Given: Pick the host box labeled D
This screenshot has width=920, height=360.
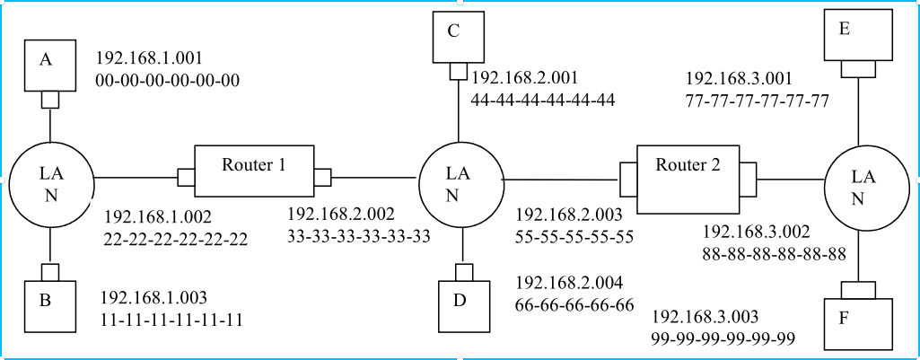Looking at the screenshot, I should pyautogui.click(x=464, y=305).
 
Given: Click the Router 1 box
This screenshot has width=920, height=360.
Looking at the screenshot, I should pyautogui.click(x=254, y=171).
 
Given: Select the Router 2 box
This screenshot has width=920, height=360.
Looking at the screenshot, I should pyautogui.click(x=688, y=171).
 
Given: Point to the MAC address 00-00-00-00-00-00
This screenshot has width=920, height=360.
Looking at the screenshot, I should pyautogui.click(x=168, y=81).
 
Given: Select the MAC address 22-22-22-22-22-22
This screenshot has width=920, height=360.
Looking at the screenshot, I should pyautogui.click(x=175, y=239).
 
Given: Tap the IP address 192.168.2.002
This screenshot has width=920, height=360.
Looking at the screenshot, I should pyautogui.click(x=340, y=215).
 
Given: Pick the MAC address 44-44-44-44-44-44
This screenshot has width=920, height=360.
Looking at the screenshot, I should pyautogui.click(x=543, y=100).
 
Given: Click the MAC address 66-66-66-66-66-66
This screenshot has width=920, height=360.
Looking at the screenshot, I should pyautogui.click(x=574, y=304).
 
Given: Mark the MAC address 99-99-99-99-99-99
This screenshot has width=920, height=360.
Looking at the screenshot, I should pyautogui.click(x=724, y=338).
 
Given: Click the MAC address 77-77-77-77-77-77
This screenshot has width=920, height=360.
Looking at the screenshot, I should pyautogui.click(x=757, y=100).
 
